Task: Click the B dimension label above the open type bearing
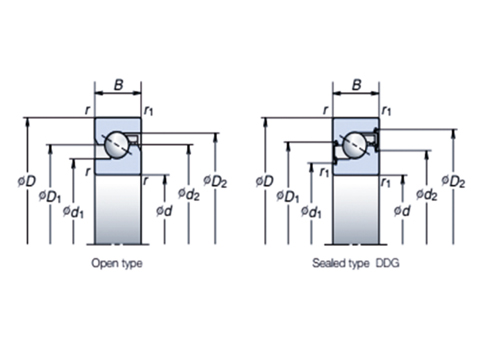coord(117,86)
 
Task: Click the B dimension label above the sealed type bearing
coord(355,86)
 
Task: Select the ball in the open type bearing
coord(117,143)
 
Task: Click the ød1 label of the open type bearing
coord(73,212)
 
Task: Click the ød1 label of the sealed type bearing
coord(310,212)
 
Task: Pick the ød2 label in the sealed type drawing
coord(428,195)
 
